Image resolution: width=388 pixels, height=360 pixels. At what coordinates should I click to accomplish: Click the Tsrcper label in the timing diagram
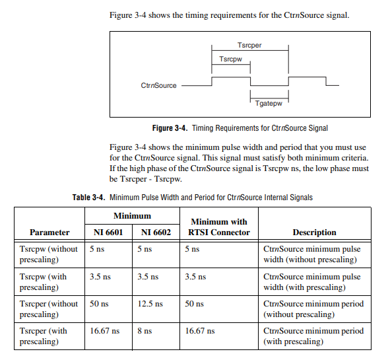point(250,45)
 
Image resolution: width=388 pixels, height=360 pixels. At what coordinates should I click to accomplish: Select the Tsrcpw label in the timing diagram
point(231,59)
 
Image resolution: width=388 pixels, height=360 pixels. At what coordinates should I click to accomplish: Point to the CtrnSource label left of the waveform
point(159,85)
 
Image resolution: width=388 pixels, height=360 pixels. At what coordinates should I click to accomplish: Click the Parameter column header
point(49,232)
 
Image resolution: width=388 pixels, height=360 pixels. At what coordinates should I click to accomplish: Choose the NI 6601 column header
point(108,232)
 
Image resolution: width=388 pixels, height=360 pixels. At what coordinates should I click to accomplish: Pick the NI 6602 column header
point(156,232)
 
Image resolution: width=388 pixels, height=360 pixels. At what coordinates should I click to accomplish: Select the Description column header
point(314,232)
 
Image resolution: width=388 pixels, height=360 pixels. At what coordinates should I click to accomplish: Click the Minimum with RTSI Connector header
point(219,227)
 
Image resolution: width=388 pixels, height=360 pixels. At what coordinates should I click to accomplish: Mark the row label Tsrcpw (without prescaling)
point(49,254)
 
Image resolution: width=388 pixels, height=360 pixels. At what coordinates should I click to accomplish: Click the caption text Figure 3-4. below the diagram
point(170,127)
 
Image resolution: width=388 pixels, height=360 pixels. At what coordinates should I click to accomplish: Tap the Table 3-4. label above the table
point(88,197)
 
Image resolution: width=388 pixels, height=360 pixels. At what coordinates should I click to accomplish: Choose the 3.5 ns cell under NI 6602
point(148,277)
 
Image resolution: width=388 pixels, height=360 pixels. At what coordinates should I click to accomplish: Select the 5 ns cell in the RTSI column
point(192,249)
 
